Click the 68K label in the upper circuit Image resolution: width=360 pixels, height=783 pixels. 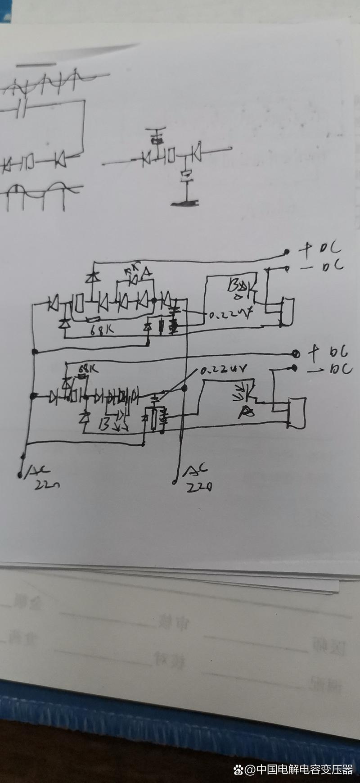102,331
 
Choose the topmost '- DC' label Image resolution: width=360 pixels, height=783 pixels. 320,265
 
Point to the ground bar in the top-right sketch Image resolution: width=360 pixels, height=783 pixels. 185,204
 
